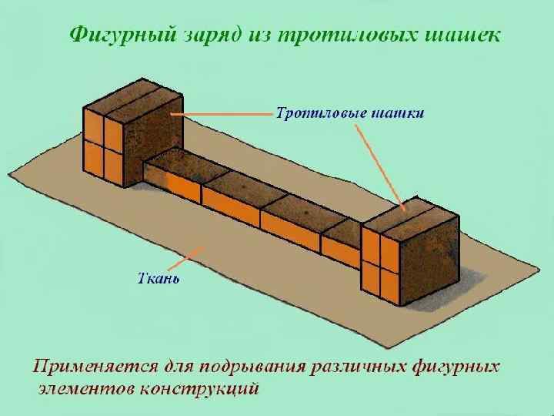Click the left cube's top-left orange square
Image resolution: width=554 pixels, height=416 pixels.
pyautogui.click(x=94, y=126)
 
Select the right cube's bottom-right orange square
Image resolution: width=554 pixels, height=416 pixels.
pyautogui.click(x=391, y=283)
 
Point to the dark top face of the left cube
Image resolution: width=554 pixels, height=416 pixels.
pyautogui.click(x=132, y=96)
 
